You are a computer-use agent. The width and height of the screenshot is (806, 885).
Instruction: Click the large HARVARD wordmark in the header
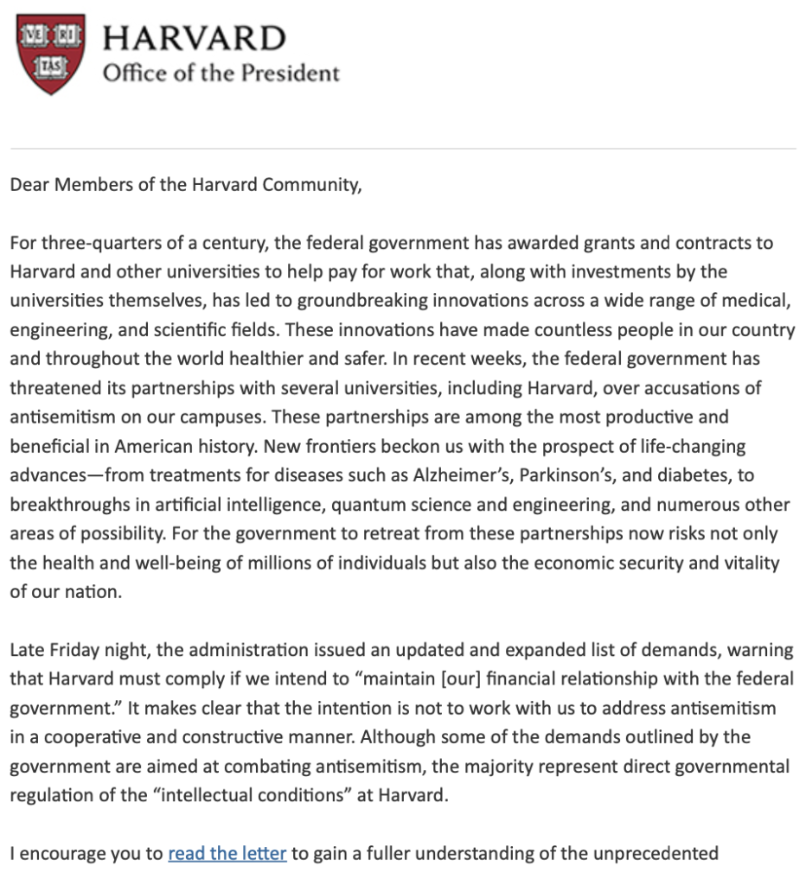(x=194, y=38)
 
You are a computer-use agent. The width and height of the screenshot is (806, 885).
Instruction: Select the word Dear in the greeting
(x=30, y=186)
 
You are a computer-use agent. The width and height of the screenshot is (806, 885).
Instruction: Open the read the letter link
(x=227, y=854)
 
